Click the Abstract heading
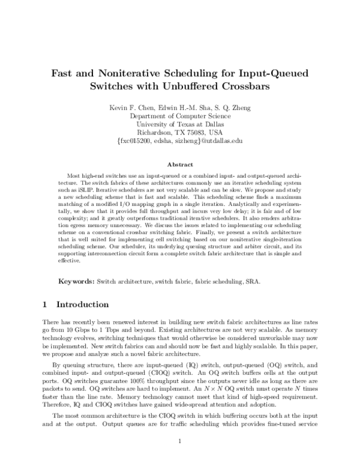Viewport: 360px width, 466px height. (x=179, y=164)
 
